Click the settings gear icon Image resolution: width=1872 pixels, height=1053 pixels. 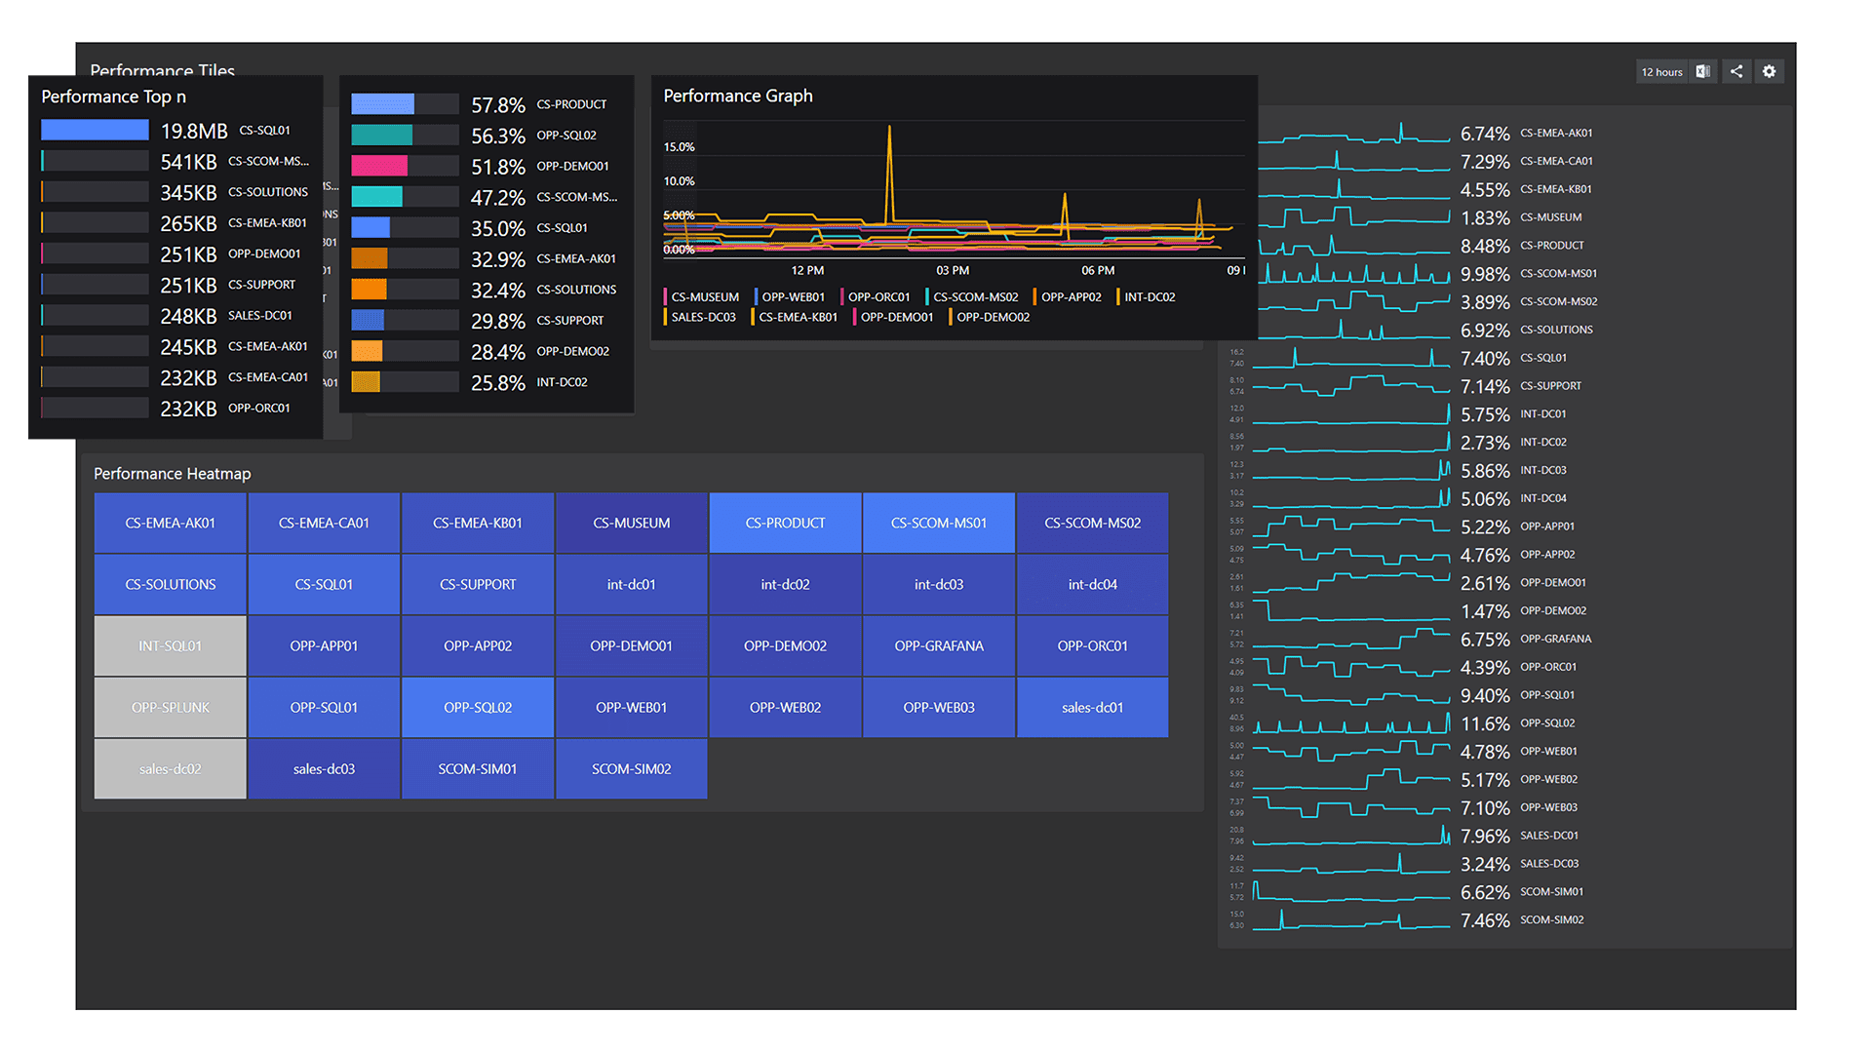[x=1769, y=71]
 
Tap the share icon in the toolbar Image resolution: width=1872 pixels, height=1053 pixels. [x=1736, y=71]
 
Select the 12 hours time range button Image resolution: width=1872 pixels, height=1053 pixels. [x=1661, y=72]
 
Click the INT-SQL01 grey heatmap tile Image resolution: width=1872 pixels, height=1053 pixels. [x=171, y=645]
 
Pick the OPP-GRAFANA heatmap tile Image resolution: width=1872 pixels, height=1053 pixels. [x=939, y=645]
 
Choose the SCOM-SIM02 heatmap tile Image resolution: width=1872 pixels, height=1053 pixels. [x=631, y=768]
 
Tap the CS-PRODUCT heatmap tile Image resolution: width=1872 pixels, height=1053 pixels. [x=785, y=523]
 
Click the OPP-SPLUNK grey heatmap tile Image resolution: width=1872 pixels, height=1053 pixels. [x=171, y=707]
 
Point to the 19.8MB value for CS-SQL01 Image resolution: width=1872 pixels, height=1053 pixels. [x=194, y=131]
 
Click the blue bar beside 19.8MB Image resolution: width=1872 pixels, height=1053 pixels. [x=95, y=130]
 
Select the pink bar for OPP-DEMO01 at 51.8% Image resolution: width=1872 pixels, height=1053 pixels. [x=379, y=166]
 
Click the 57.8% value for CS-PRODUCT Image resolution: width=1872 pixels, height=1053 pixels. [x=497, y=105]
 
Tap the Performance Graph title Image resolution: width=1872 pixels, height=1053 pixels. [x=738, y=96]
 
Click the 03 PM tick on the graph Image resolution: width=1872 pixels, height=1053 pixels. [x=953, y=270]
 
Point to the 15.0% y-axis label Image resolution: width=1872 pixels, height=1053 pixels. [x=679, y=147]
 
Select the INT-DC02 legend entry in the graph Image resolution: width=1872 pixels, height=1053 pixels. [x=1150, y=297]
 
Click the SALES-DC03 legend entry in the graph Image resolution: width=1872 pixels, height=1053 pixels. [x=703, y=317]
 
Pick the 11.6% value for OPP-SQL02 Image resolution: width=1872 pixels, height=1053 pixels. [x=1485, y=723]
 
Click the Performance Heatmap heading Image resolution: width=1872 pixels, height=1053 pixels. [x=173, y=474]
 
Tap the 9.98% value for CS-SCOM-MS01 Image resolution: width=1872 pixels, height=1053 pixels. [x=1485, y=274]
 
